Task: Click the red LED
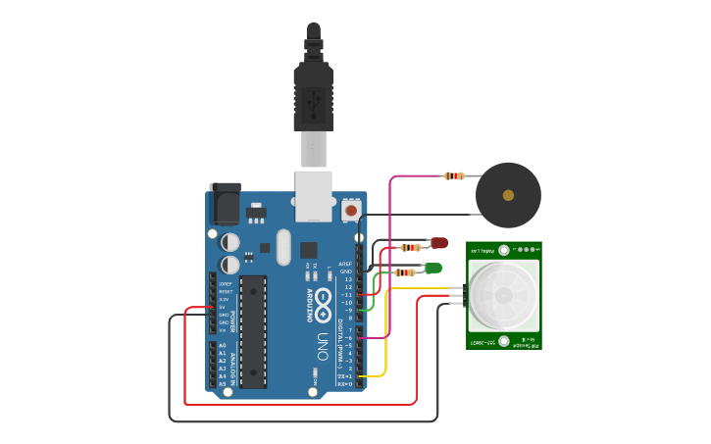point(439,242)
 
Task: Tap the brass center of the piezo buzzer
point(508,195)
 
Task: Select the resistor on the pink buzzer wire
point(454,176)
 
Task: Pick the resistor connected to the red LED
point(412,247)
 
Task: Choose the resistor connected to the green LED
point(404,272)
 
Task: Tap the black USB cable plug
point(313,98)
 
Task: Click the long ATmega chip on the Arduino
point(253,331)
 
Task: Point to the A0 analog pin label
point(223,346)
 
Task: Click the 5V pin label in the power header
point(223,307)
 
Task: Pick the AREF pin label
point(345,264)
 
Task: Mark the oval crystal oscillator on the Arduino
point(283,247)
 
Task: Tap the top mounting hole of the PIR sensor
point(504,250)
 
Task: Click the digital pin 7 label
point(349,330)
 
